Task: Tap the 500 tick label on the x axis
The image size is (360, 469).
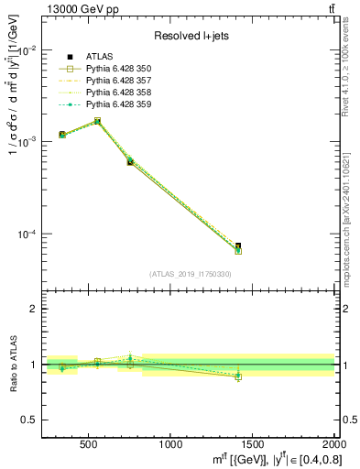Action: [x=89, y=443]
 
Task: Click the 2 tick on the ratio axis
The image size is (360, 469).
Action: [x=35, y=309]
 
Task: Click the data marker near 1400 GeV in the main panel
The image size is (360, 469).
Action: [x=238, y=247]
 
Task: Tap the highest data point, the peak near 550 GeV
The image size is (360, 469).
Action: [x=97, y=121]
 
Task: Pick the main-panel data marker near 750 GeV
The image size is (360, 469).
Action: [x=130, y=161]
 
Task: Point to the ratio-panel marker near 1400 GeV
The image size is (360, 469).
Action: [x=238, y=376]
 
